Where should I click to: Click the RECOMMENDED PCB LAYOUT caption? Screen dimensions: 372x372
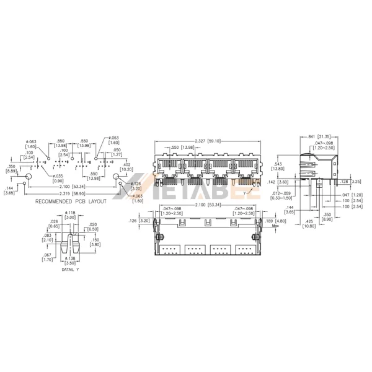(x=71, y=201)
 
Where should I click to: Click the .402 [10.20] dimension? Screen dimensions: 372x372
(x=126, y=166)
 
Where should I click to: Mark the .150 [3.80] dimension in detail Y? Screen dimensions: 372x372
(x=94, y=242)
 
